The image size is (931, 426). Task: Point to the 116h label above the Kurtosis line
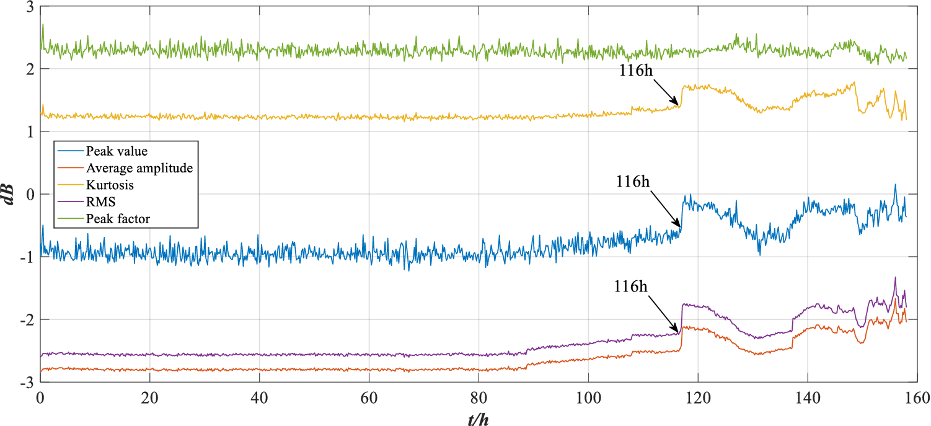pyautogui.click(x=636, y=70)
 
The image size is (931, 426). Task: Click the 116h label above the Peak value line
pyautogui.click(x=633, y=182)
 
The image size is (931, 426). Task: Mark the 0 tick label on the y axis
pyautogui.click(x=29, y=195)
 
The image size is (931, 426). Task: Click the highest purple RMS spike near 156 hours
pyautogui.click(x=895, y=278)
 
